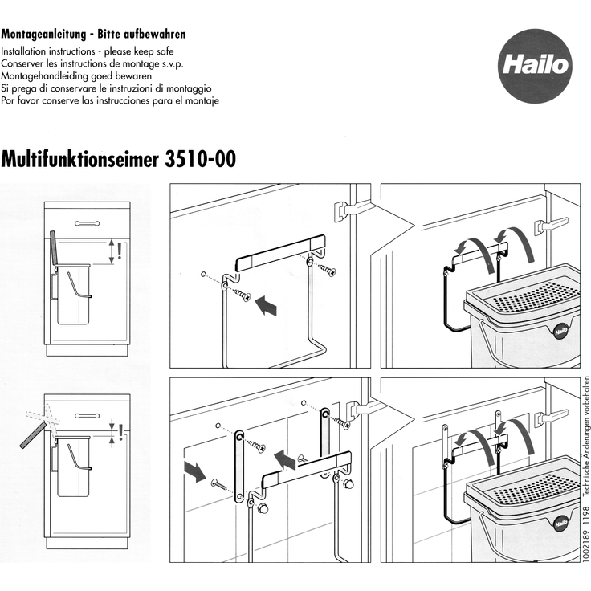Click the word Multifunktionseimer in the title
pyautogui.click(x=81, y=158)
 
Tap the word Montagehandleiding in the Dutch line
pyautogui.click(x=49, y=75)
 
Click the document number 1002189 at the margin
pyautogui.click(x=585, y=554)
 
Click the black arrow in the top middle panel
pyautogui.click(x=266, y=305)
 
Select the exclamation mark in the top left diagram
pyautogui.click(x=120, y=252)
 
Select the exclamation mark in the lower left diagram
pyautogui.click(x=120, y=433)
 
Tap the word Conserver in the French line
pyautogui.click(x=23, y=62)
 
